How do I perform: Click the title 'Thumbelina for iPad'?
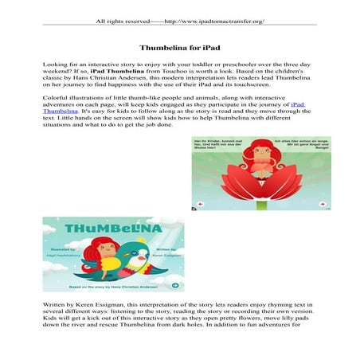pos(179,48)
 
